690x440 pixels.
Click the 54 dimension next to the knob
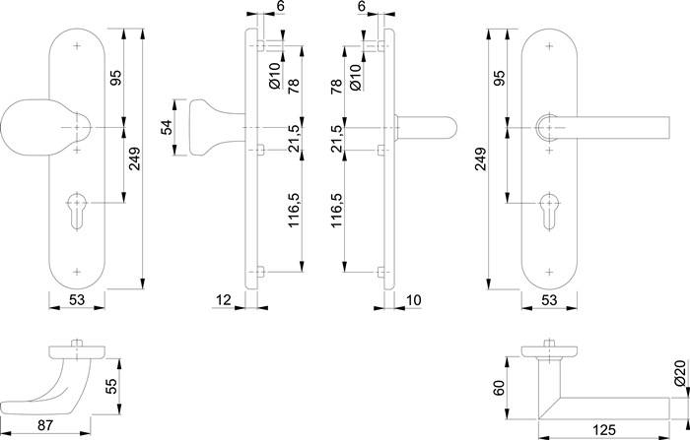click(168, 127)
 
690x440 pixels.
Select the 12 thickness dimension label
click(224, 299)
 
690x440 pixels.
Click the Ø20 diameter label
click(679, 373)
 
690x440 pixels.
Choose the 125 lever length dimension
click(605, 430)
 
